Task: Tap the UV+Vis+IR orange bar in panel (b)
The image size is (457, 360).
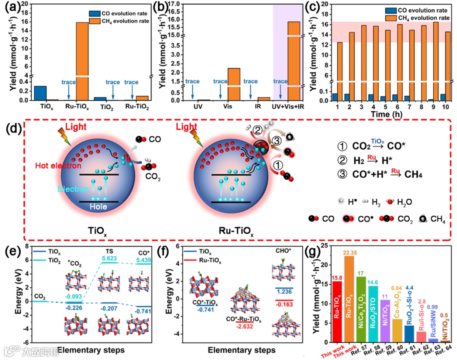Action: click(x=293, y=59)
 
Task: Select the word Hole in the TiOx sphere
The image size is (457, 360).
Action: click(x=99, y=207)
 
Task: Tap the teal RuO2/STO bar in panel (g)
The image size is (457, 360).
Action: click(x=374, y=313)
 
